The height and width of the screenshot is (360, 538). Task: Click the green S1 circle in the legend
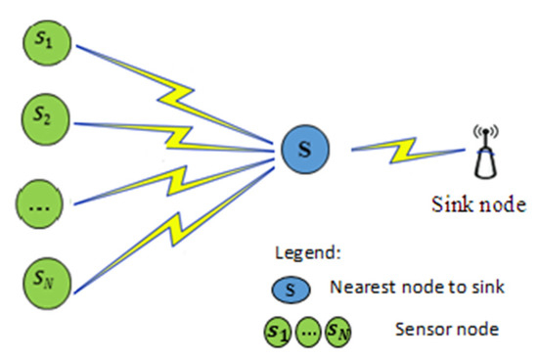[x=279, y=330]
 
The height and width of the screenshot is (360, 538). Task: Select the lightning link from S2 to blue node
[x=186, y=133]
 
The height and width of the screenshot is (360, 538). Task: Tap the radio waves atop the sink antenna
[x=481, y=131]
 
